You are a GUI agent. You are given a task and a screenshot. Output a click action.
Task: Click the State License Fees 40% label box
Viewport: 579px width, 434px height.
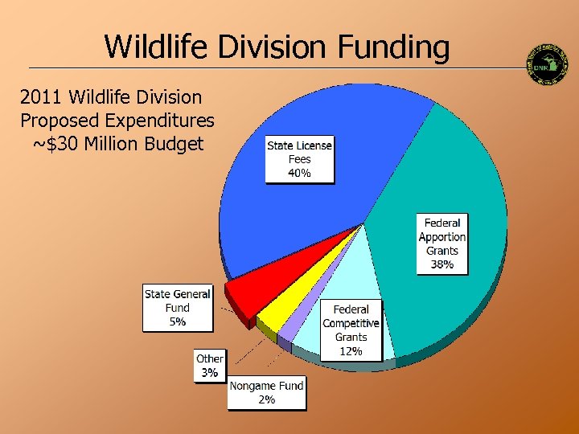[x=299, y=159]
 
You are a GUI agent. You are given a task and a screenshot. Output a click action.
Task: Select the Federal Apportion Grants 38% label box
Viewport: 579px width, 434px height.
[x=441, y=244]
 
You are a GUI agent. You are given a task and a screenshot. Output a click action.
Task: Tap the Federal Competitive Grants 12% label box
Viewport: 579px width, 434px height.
[x=351, y=330]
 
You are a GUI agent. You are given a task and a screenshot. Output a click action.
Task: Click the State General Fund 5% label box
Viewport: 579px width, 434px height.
[x=178, y=308]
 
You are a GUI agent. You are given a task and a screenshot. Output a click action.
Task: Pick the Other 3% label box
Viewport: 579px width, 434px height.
[x=210, y=366]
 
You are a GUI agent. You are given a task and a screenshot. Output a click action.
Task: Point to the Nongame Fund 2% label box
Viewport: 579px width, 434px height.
[x=266, y=392]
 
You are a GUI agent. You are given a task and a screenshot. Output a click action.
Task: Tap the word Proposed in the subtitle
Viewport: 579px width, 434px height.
[x=57, y=121]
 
